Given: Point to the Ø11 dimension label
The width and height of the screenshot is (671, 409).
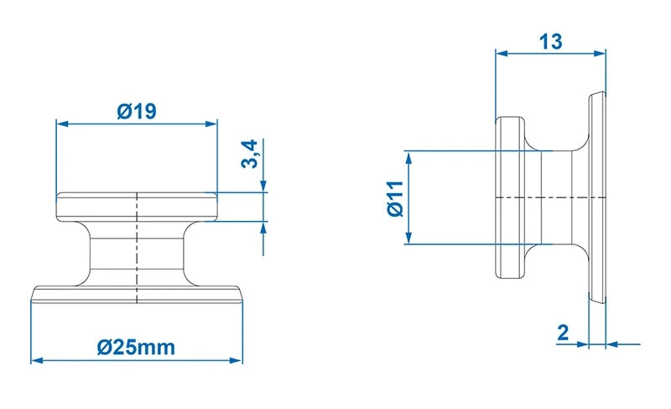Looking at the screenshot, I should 395,198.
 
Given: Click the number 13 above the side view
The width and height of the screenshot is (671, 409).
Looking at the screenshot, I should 550,40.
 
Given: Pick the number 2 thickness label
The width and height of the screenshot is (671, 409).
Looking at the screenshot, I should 563,332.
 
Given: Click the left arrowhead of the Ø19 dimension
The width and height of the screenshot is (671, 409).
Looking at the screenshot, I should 61,123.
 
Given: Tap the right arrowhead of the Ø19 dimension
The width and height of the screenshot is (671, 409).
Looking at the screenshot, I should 212,123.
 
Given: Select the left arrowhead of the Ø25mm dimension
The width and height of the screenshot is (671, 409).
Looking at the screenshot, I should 36,361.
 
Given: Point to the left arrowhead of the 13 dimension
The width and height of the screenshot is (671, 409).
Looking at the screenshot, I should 501,53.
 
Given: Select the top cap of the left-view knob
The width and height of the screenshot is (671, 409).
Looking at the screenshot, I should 137,207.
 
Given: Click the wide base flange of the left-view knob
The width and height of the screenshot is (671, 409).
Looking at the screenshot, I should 137,294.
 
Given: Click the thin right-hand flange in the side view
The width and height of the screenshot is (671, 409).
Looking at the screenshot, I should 596,197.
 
